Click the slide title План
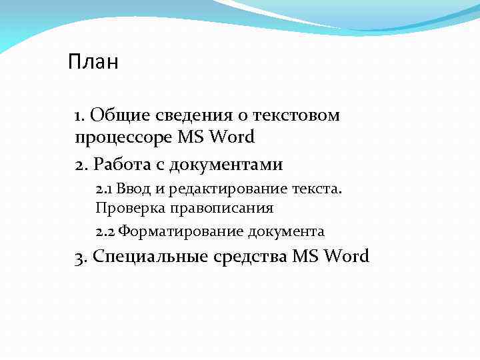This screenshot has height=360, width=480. coord(93,63)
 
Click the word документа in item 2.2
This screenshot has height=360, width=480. coord(286,233)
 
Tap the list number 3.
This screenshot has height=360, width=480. coord(81,257)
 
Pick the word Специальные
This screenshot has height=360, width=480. coord(150,257)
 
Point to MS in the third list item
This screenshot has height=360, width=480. coord(305,256)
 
